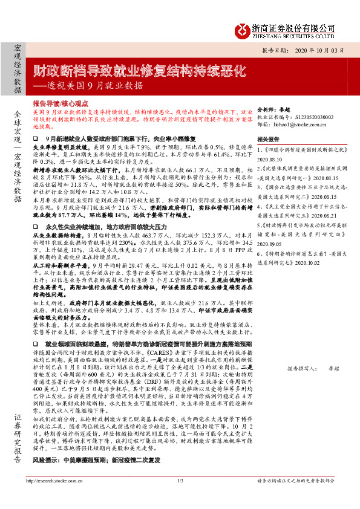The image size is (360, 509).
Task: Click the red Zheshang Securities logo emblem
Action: tap(242, 28)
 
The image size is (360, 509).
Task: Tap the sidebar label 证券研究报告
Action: tap(17, 435)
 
